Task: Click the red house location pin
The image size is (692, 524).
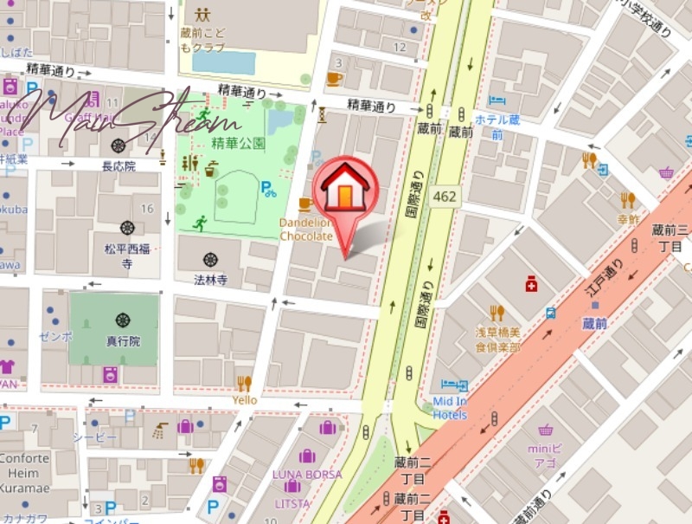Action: (345, 192)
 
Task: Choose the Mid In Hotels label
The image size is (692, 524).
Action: (450, 408)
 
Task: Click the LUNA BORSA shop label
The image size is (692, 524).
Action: (307, 475)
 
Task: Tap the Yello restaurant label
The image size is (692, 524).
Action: (245, 400)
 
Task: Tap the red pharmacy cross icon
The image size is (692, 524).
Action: (531, 284)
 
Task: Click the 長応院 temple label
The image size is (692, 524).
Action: (119, 165)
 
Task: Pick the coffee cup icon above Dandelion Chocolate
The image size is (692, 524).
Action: (304, 204)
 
